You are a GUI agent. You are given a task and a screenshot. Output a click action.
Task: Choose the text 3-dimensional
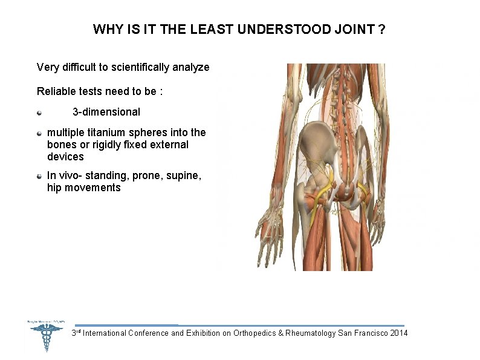click(x=106, y=112)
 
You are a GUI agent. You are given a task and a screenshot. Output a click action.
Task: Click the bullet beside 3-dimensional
click(x=39, y=112)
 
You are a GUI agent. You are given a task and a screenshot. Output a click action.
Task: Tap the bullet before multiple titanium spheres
click(x=39, y=133)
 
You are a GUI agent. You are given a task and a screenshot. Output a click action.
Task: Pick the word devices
click(x=65, y=157)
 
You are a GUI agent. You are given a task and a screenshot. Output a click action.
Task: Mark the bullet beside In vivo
click(x=39, y=176)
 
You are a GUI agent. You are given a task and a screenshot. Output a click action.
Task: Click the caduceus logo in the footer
click(x=46, y=336)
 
